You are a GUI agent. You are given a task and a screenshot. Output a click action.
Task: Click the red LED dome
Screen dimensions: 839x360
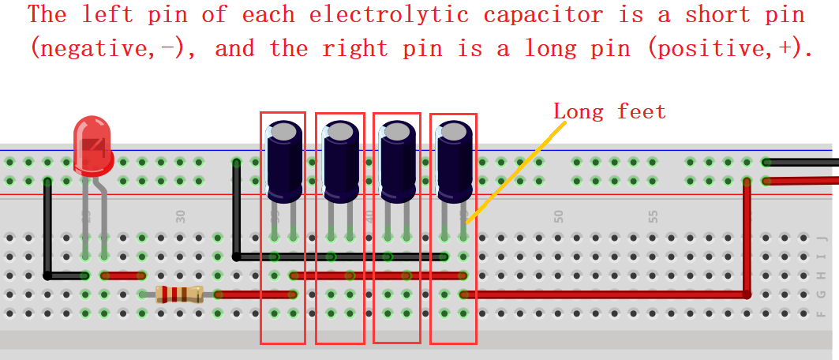point(92,145)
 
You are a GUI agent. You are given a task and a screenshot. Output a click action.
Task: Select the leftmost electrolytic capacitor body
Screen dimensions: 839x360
point(284,161)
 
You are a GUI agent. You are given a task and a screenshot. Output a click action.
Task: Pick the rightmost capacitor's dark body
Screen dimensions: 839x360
point(455,161)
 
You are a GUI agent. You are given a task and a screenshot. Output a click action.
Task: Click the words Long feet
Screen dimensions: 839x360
point(609,112)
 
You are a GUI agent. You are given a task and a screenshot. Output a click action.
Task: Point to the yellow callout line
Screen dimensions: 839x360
point(516,171)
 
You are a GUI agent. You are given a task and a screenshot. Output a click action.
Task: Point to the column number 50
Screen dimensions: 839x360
point(559,216)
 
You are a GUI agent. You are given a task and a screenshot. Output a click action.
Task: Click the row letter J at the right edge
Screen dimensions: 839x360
point(822,238)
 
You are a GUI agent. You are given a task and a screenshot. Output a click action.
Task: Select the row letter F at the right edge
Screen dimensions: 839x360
point(822,313)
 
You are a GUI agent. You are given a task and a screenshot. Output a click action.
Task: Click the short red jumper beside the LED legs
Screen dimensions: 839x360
point(123,276)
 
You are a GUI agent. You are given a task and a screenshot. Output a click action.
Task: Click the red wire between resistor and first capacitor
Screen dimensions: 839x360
point(255,294)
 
